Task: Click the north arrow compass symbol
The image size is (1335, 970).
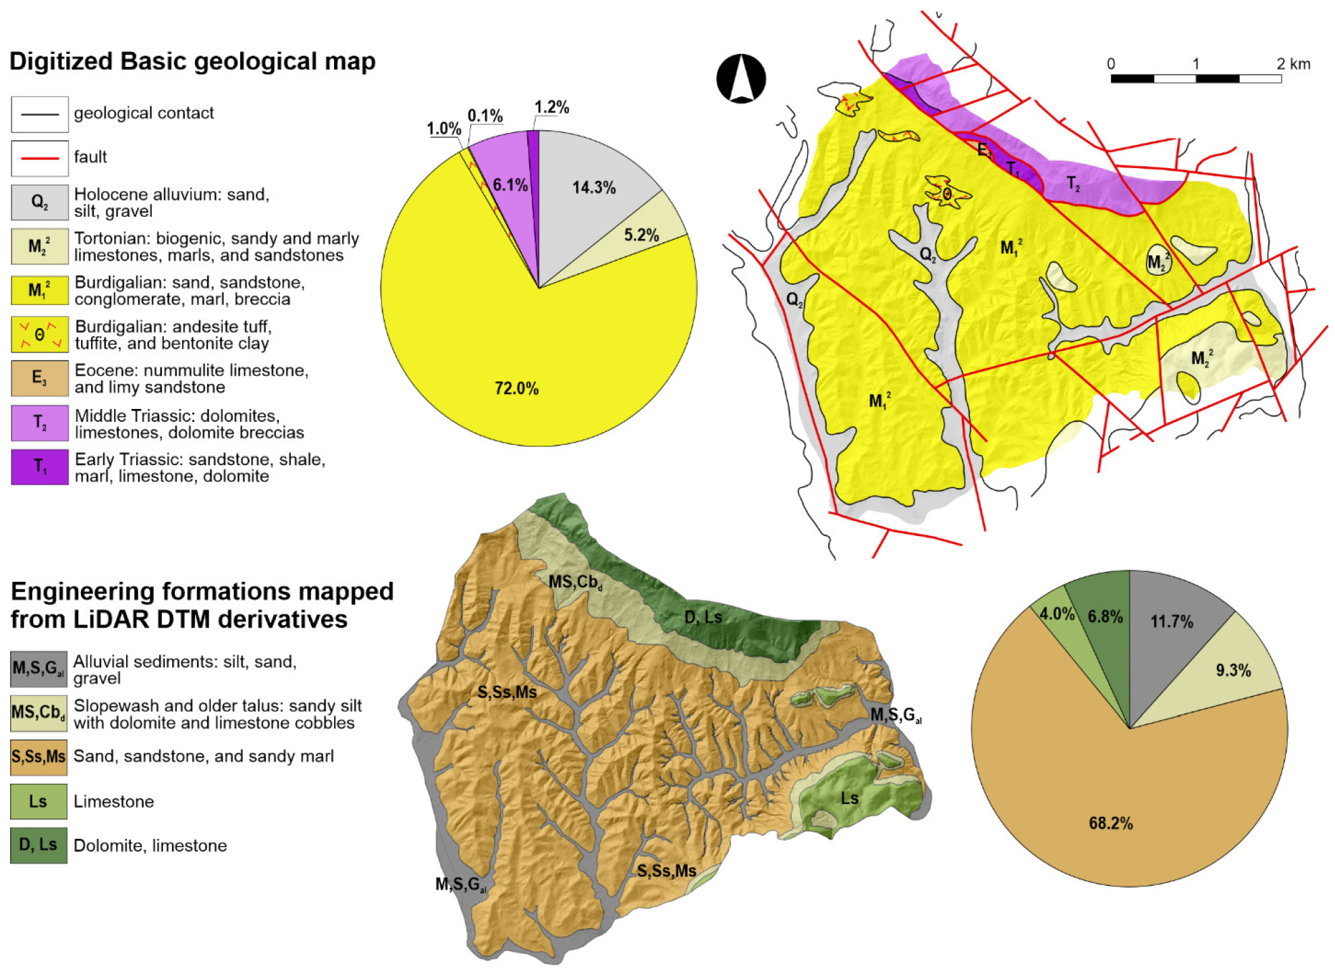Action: [x=741, y=78]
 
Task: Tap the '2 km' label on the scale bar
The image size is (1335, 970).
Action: [x=1292, y=64]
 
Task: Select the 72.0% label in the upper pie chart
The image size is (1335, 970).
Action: [x=516, y=388]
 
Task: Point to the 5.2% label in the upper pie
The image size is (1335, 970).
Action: [x=641, y=235]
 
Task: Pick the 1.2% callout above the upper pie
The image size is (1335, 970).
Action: [x=551, y=107]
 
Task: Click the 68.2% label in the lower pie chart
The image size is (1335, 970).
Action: [x=1110, y=823]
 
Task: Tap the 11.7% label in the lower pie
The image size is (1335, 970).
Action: [x=1172, y=622]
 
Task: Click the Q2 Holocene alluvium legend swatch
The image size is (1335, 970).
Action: [x=39, y=203]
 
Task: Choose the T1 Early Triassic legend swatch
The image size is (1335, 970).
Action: [x=39, y=467]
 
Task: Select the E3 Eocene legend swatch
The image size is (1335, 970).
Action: [x=39, y=378]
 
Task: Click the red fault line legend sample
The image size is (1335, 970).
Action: [x=39, y=158]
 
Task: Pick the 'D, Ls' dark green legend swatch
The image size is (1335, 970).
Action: [x=38, y=845]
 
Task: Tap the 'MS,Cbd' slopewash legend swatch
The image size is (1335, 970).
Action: [x=38, y=713]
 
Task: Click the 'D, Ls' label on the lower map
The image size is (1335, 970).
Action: [x=703, y=617]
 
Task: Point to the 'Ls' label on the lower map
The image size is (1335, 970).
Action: [x=849, y=799]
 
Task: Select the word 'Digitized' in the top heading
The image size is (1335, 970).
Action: [x=61, y=61]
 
